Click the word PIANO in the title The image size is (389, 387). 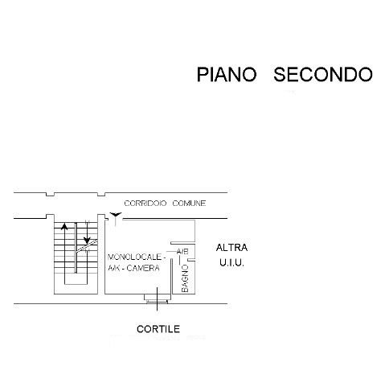coord(227,74)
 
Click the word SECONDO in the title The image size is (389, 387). coord(323,74)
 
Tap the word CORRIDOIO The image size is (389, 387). coord(145,203)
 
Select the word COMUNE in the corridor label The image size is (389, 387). coord(189,203)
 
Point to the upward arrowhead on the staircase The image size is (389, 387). coord(64,227)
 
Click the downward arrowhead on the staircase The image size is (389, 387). coord(87,240)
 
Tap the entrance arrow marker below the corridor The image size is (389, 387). coord(116,214)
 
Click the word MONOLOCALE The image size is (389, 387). coord(134,257)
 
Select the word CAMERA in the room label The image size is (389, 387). coord(143,268)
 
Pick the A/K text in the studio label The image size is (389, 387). coord(113,268)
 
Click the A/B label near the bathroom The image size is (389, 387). coord(182,252)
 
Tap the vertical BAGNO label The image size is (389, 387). coord(185,278)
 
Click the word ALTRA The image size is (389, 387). coord(231,248)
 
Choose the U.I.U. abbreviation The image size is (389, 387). coord(231,263)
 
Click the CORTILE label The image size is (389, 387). coord(158,329)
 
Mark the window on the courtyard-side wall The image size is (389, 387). coord(157,298)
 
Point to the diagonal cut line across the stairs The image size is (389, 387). coord(87,246)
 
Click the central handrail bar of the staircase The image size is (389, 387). coord(76,248)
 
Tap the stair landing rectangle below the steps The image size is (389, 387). coord(76,279)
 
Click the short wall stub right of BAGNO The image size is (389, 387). coord(191,260)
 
